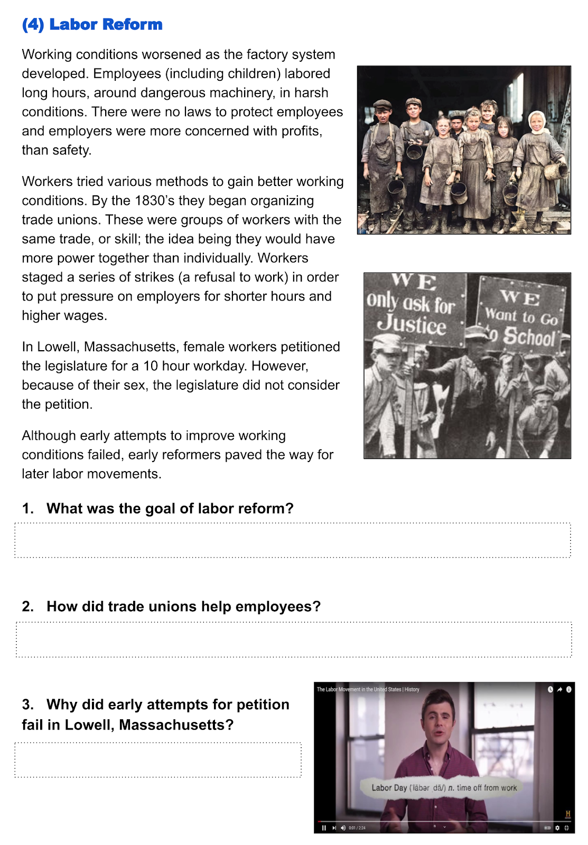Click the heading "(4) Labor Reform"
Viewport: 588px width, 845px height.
point(92,24)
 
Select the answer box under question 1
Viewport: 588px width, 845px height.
point(292,540)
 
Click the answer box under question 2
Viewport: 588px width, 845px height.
point(294,640)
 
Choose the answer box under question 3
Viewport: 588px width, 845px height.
point(157,760)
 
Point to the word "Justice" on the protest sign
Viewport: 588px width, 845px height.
point(412,324)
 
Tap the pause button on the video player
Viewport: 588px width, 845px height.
point(324,828)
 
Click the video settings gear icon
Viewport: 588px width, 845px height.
point(557,828)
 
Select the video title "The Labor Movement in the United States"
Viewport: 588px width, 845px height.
point(368,689)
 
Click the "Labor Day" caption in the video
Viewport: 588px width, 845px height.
point(389,787)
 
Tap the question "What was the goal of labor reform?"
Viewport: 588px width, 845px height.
point(170,509)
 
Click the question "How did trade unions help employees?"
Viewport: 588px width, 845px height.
point(183,607)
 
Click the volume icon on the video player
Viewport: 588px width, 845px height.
point(343,828)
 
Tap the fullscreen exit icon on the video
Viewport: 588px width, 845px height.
point(567,828)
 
